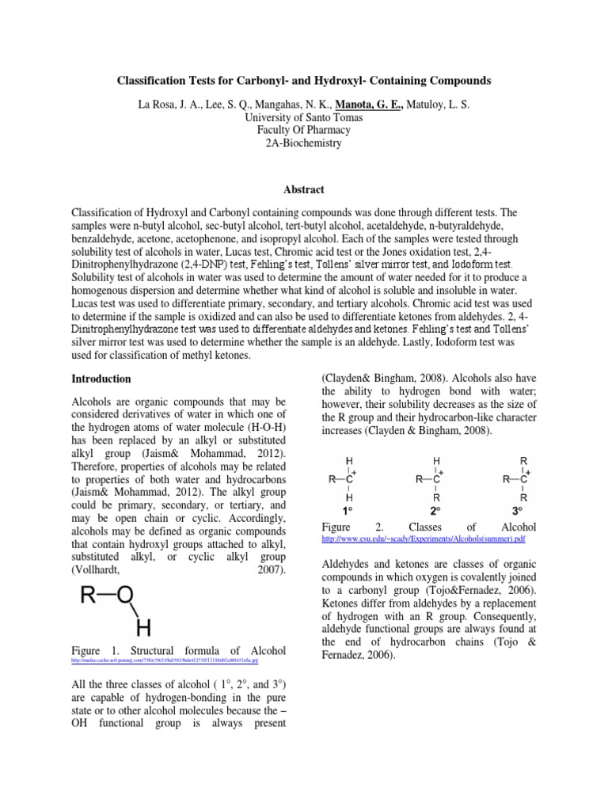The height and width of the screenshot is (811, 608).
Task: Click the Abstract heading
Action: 304,190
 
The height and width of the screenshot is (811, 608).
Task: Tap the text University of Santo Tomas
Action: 304,117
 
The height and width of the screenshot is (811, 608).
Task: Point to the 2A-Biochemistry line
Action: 304,143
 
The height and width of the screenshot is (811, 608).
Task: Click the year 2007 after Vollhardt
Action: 272,569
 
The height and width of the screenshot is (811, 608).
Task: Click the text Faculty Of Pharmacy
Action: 304,130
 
